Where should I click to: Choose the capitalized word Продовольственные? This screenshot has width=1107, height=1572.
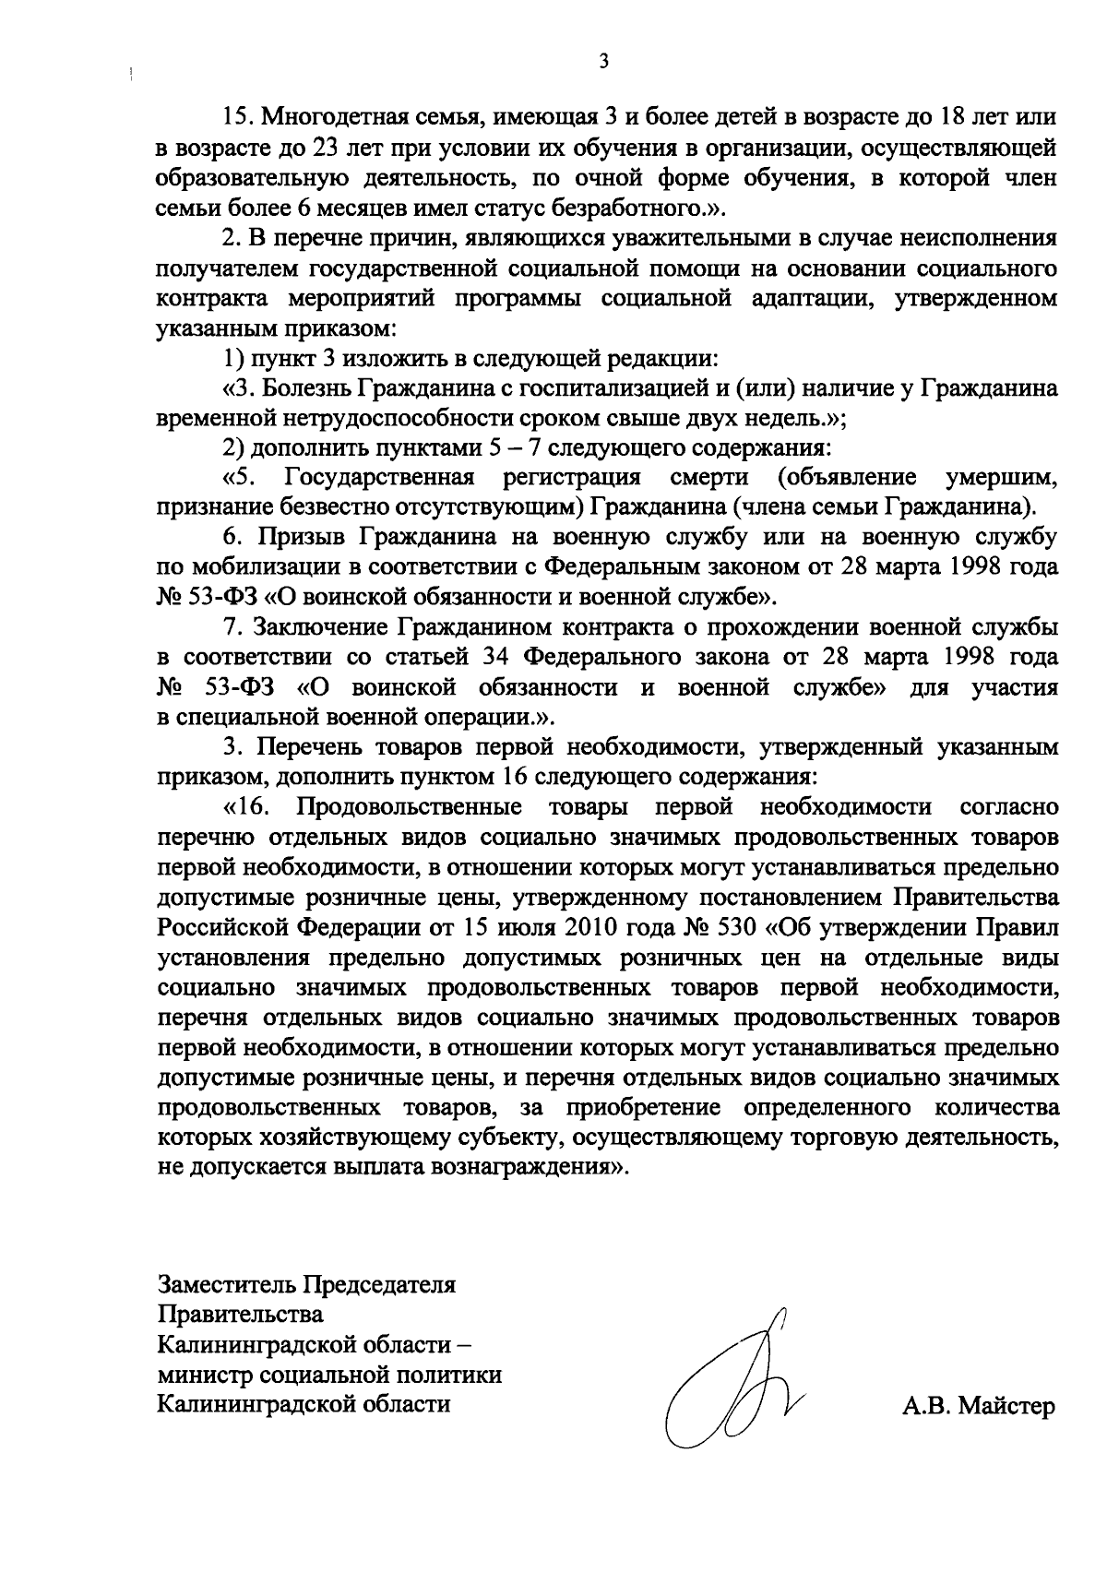pos(408,807)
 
